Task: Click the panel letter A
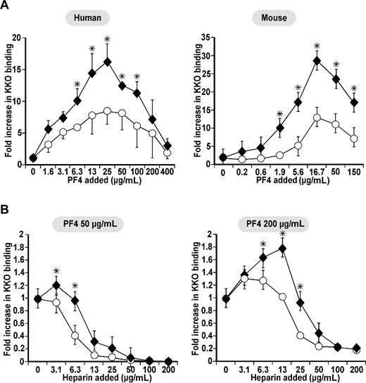click(6, 6)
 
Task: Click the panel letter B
click(6, 208)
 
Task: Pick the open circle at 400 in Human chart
click(167, 152)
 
